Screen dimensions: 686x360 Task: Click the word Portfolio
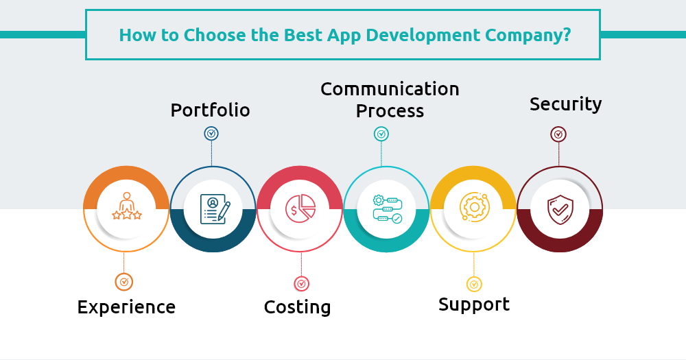(210, 110)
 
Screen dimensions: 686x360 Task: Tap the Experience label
(126, 307)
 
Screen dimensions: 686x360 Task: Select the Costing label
(298, 307)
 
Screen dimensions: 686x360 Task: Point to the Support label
(474, 305)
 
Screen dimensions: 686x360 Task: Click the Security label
(566, 104)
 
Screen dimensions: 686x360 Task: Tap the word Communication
(390, 89)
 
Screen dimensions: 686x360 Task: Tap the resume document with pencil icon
(215, 209)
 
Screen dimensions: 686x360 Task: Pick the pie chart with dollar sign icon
(300, 208)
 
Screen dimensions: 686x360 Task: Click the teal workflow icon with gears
(387, 209)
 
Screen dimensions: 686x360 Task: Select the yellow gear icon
(474, 206)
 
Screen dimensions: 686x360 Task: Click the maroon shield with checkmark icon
(560, 210)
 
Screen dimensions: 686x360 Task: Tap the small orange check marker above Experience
(123, 282)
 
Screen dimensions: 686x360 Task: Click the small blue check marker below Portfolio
(211, 134)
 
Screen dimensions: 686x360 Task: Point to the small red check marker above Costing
(301, 284)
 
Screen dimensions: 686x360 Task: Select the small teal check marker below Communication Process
(381, 134)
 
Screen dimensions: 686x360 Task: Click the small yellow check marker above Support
(474, 285)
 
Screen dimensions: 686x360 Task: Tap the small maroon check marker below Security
(558, 134)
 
